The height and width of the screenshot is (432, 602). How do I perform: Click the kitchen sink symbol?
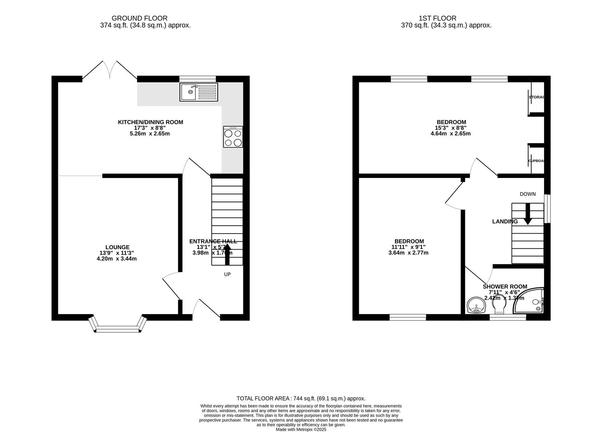tap(199, 92)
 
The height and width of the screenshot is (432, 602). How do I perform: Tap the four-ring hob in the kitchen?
tap(233, 137)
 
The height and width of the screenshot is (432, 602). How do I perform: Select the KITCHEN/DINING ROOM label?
tap(150, 122)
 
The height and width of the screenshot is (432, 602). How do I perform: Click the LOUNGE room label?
tap(117, 247)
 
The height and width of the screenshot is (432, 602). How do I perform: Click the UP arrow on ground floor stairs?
tap(228, 254)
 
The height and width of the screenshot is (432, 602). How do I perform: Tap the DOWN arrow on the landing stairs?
tap(527, 214)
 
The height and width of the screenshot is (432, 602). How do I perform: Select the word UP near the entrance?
tap(227, 274)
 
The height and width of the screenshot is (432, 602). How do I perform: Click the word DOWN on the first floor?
tap(527, 194)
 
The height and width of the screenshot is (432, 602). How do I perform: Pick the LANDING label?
tap(505, 222)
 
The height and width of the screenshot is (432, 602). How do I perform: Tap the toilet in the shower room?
tap(499, 307)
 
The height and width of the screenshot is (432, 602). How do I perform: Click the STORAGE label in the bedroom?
tap(536, 97)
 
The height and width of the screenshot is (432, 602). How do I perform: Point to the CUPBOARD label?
tap(536, 161)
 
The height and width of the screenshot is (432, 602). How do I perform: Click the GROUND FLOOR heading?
tap(139, 18)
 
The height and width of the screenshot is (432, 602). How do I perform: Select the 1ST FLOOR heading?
tap(437, 18)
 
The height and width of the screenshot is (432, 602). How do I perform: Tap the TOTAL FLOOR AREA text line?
tap(301, 398)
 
